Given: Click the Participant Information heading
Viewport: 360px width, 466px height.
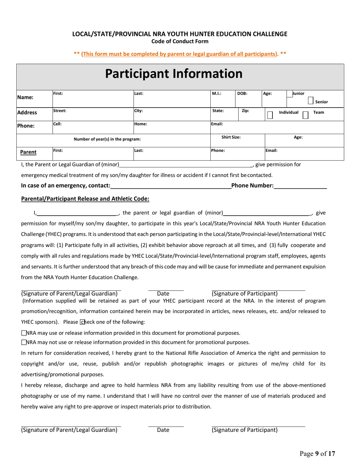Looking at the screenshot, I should point(174,74).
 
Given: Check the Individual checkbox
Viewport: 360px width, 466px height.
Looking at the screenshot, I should point(270,115).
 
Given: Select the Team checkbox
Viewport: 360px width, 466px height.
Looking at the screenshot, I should point(305,115).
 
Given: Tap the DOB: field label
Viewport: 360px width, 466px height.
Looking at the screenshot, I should point(242,93).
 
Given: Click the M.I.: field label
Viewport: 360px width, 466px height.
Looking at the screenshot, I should point(216,93).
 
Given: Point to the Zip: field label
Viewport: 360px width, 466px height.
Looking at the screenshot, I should point(245,111).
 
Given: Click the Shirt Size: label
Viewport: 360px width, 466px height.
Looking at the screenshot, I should point(231,138).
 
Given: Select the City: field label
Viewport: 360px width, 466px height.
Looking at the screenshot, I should point(138,111).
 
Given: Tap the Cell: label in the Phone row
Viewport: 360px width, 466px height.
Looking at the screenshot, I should point(57,124).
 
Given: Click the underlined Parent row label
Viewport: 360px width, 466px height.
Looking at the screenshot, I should point(28,152).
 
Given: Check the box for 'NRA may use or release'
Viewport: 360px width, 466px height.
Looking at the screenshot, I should point(24,333).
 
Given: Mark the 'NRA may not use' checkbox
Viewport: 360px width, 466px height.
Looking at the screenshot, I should point(24,342).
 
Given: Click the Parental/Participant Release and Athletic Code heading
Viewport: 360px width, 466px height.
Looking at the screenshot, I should point(85,199).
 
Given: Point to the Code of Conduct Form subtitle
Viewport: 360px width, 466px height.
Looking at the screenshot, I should point(180,41).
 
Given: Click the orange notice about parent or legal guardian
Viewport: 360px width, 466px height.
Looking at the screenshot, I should point(180,54).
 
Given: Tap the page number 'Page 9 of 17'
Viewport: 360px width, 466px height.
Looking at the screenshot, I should point(317,453).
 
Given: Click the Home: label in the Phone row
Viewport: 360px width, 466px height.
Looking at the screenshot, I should point(140,124).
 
